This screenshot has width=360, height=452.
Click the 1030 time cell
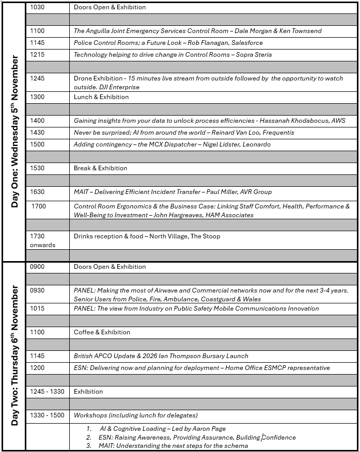[38, 7]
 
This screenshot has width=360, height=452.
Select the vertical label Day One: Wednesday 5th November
[14, 132]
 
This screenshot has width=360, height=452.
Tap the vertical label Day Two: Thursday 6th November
[14, 356]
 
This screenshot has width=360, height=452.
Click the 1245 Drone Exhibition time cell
[38, 78]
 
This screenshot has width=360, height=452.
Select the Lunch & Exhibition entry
[101, 97]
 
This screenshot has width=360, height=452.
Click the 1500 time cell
[38, 144]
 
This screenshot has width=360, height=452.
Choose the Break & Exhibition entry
[101, 168]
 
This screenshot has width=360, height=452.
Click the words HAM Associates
[227, 215]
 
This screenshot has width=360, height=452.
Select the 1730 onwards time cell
[42, 240]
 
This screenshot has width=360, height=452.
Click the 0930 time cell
[38, 290]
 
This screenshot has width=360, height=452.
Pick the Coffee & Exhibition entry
[102, 332]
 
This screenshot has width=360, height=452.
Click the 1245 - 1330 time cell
[48, 392]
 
